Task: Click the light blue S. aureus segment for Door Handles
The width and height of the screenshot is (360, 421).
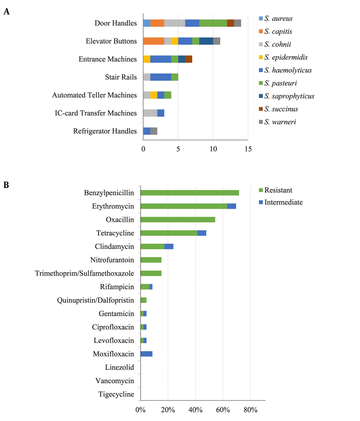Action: (147, 23)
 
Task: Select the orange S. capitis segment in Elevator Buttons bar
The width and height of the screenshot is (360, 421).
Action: (154, 41)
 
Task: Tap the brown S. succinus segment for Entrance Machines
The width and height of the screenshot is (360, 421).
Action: (189, 59)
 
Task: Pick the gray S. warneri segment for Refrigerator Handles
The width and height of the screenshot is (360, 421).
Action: (154, 131)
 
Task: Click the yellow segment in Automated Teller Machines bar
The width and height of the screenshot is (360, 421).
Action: (154, 95)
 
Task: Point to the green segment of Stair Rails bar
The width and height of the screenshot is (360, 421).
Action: (175, 77)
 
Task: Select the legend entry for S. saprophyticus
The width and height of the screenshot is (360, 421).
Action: (287, 96)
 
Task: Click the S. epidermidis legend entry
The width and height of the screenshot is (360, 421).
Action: (283, 57)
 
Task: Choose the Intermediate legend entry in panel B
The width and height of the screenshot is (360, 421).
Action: (281, 202)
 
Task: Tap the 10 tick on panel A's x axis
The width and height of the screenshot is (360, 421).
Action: (213, 149)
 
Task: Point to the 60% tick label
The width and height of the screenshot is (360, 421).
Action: (223, 410)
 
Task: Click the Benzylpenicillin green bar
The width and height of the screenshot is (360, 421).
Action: (190, 193)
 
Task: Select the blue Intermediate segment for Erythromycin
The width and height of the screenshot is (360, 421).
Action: (231, 206)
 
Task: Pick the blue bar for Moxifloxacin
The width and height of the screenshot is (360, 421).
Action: (147, 354)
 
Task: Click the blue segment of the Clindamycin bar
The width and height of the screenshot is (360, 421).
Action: (169, 246)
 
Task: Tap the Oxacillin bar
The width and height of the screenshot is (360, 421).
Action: (178, 219)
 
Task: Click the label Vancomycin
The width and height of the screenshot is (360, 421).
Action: (115, 381)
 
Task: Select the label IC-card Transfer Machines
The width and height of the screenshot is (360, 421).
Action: (96, 113)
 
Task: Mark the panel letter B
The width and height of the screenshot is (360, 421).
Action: (6, 185)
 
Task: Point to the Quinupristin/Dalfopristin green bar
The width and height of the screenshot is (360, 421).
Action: (144, 300)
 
